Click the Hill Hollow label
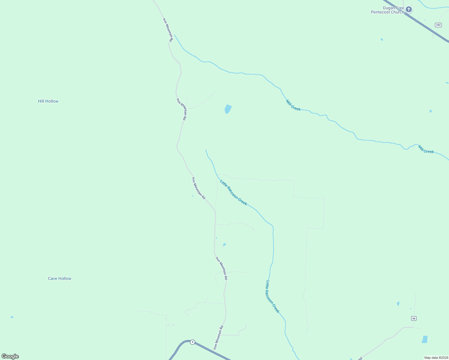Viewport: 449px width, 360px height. [48, 101]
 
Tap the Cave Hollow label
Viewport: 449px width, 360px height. [59, 278]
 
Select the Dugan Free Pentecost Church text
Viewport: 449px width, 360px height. [387, 10]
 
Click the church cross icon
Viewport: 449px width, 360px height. [408, 10]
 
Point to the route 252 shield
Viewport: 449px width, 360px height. [438, 25]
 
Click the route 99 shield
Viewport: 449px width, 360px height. [414, 318]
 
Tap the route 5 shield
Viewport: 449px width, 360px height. [192, 342]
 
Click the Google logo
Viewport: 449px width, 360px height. [10, 356]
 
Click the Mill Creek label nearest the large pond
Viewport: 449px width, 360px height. [293, 105]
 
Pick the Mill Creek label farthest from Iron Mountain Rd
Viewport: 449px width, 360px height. [426, 149]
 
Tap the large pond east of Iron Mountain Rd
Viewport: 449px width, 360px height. [228, 109]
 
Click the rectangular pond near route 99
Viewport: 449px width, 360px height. [425, 339]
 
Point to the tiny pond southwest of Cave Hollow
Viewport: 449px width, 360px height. [12, 317]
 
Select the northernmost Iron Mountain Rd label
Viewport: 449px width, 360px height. [168, 30]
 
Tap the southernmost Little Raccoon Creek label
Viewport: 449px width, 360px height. [273, 297]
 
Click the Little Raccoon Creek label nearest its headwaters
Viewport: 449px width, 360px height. [233, 193]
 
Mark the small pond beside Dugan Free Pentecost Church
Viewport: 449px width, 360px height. [382, 39]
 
